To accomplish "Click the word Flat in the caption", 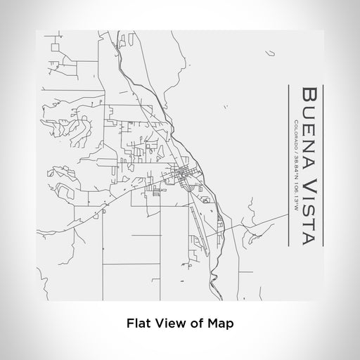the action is coord(139,323).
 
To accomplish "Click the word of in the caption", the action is coord(195,323).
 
